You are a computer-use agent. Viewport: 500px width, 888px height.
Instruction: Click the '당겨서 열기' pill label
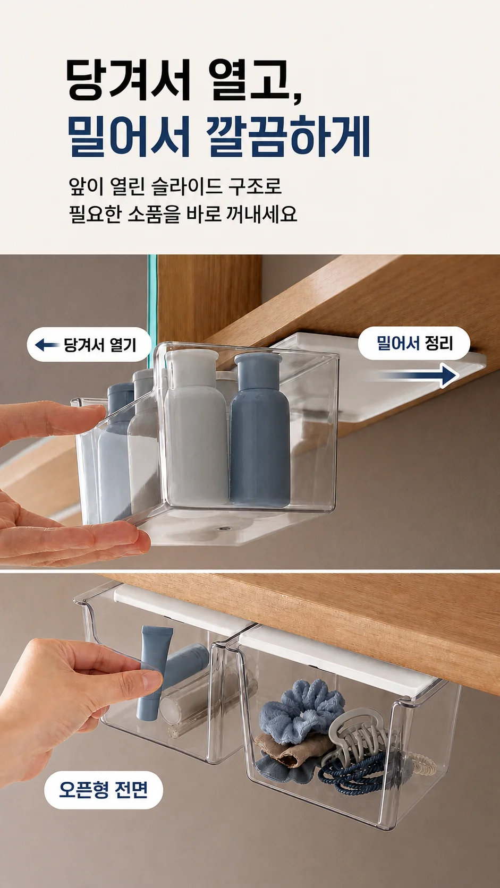point(89,345)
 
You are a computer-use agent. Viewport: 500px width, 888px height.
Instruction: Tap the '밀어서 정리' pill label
point(414,343)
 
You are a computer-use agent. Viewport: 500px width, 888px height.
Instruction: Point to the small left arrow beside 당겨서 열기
point(47,345)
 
